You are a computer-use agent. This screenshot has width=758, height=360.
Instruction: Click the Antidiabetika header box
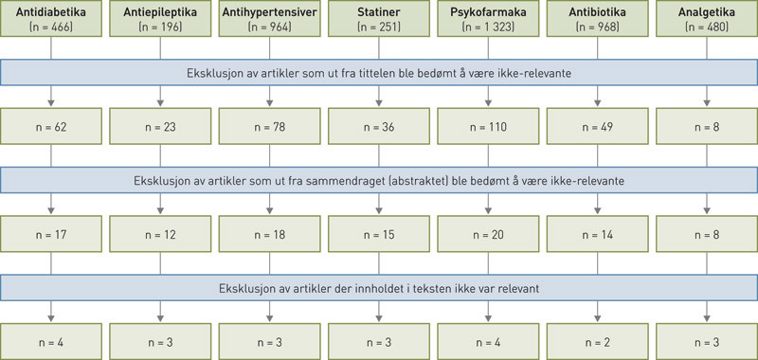pos(52,20)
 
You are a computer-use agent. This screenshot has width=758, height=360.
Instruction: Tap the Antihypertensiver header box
pos(268,20)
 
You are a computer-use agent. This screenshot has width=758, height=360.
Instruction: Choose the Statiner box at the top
pos(376,20)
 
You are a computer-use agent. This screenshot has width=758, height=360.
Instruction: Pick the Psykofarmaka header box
pos(485,20)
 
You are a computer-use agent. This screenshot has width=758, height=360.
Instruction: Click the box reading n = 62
pos(52,125)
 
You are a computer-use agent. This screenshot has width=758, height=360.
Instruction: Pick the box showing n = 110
pos(485,125)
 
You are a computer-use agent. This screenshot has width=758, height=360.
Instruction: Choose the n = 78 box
pos(268,125)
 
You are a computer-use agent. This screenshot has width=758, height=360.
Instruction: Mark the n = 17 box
pos(52,233)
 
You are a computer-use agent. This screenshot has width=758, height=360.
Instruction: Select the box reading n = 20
pos(485,233)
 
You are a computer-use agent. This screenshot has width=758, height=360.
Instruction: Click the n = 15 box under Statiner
pos(376,233)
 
